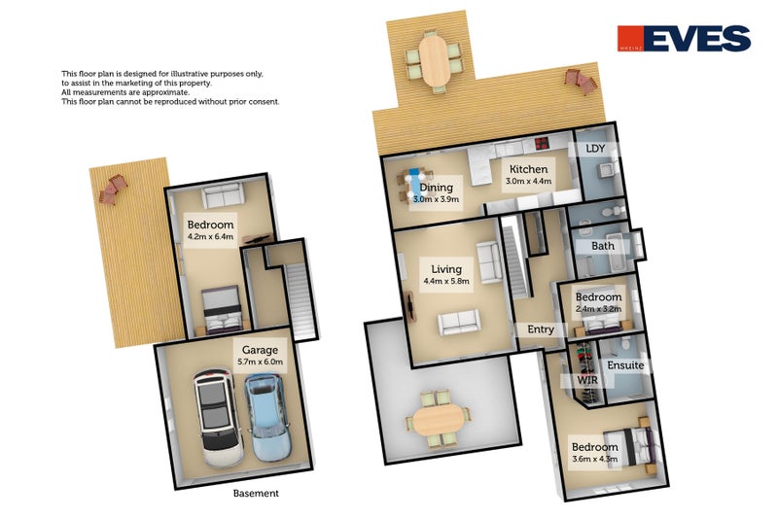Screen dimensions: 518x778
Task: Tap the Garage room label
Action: pos(254,350)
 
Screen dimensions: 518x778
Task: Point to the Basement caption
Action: pos(256,493)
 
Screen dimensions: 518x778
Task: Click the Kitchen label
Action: pos(527,168)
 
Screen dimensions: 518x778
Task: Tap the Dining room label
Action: pos(436,188)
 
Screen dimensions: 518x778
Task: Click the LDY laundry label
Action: pos(596,149)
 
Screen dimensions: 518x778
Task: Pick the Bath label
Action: pos(602,246)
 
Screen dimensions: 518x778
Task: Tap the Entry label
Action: pos(540,329)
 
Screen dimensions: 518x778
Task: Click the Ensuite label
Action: pos(625,365)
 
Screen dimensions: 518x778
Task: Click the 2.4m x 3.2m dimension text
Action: pos(598,309)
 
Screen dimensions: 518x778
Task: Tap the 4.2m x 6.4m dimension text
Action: pos(211,236)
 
